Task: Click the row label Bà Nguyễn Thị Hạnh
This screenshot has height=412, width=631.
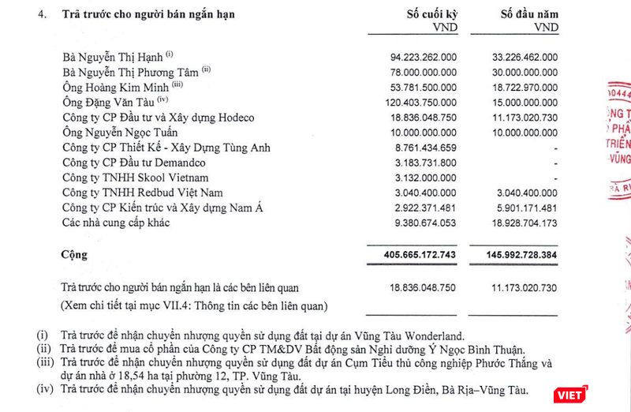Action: point(112,57)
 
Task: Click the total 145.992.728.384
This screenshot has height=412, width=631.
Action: point(513,256)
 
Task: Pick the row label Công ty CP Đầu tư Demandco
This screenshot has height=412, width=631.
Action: point(132,163)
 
